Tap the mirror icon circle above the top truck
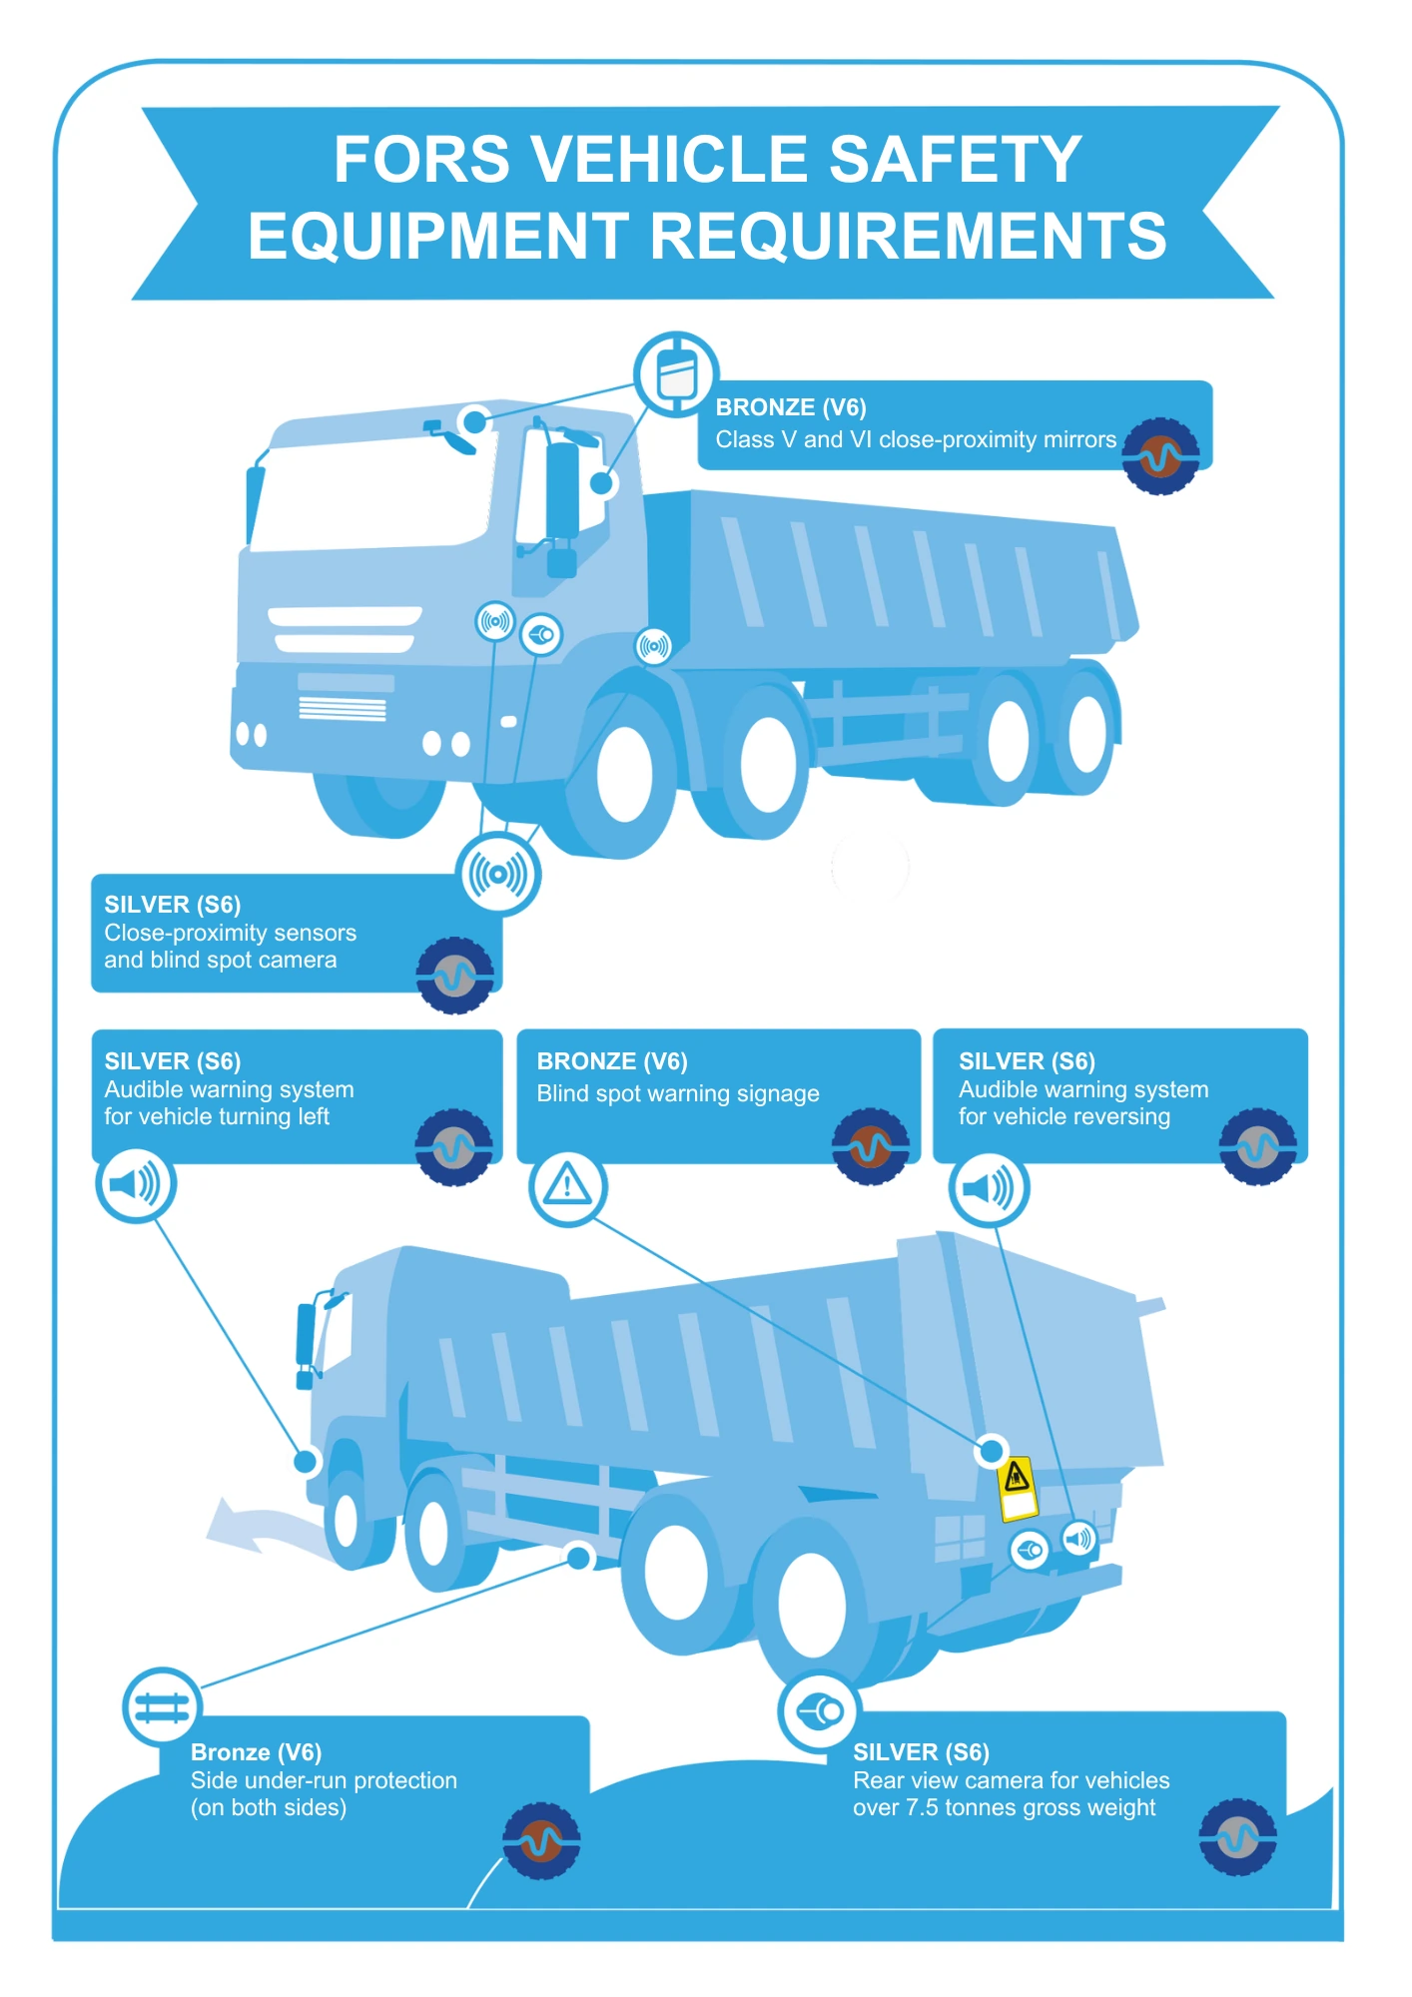pyautogui.click(x=676, y=374)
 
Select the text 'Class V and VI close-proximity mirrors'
pyautogui.click(x=916, y=439)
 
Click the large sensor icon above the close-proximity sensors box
pyautogui.click(x=498, y=875)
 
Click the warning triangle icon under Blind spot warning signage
pyautogui.click(x=568, y=1187)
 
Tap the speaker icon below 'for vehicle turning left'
pyautogui.click(x=136, y=1185)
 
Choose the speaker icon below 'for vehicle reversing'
pyautogui.click(x=988, y=1188)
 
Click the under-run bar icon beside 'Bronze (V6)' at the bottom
pyautogui.click(x=162, y=1707)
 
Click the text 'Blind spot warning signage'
pyautogui.click(x=678, y=1093)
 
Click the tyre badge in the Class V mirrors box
pyautogui.click(x=1160, y=456)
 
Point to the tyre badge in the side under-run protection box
pyautogui.click(x=541, y=1840)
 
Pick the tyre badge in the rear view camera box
pyautogui.click(x=1237, y=1837)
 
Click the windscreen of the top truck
pyautogui.click(x=369, y=494)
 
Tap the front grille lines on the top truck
pyautogui.click(x=343, y=708)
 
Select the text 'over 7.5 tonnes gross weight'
pyautogui.click(x=1004, y=1807)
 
